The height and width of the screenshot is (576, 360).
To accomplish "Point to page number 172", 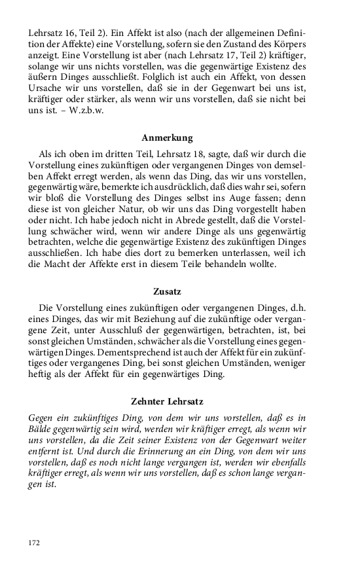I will pos(33,542).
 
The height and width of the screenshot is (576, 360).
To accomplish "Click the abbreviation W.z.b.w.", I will pos(86,110).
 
